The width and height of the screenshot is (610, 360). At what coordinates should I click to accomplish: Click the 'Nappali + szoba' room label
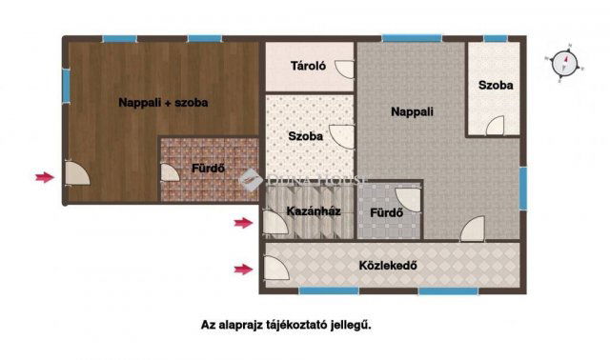point(163,102)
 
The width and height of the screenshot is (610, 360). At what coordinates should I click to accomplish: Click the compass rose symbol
point(568,63)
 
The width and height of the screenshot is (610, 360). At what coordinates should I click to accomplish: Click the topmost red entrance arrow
point(44,176)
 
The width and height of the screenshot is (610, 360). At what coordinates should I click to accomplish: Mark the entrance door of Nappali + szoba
point(76,174)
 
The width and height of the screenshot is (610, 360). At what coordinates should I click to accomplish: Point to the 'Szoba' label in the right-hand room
point(496,86)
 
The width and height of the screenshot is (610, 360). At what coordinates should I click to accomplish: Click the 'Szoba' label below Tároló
point(305,136)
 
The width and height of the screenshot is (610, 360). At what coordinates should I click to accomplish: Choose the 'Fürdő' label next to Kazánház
point(386,212)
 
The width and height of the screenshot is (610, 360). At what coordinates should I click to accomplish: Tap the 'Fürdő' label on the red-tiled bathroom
point(207,170)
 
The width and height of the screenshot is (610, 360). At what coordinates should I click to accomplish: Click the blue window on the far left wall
point(66,87)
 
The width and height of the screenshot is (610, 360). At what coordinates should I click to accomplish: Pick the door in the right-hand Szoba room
point(495,124)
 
